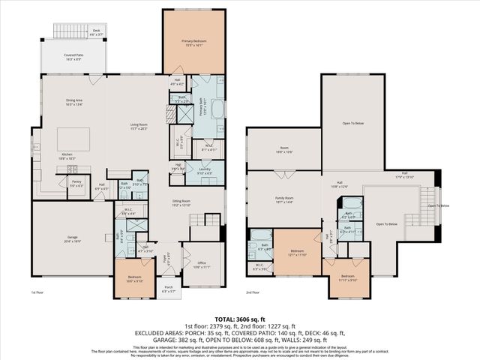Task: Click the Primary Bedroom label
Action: (x=193, y=43)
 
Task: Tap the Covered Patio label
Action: (x=73, y=56)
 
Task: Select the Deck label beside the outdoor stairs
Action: (x=96, y=32)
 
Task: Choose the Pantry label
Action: (x=76, y=182)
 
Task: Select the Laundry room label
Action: (x=205, y=171)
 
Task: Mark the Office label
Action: (x=205, y=265)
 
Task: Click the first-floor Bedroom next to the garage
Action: (x=133, y=280)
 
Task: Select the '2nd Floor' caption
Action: (x=253, y=293)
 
